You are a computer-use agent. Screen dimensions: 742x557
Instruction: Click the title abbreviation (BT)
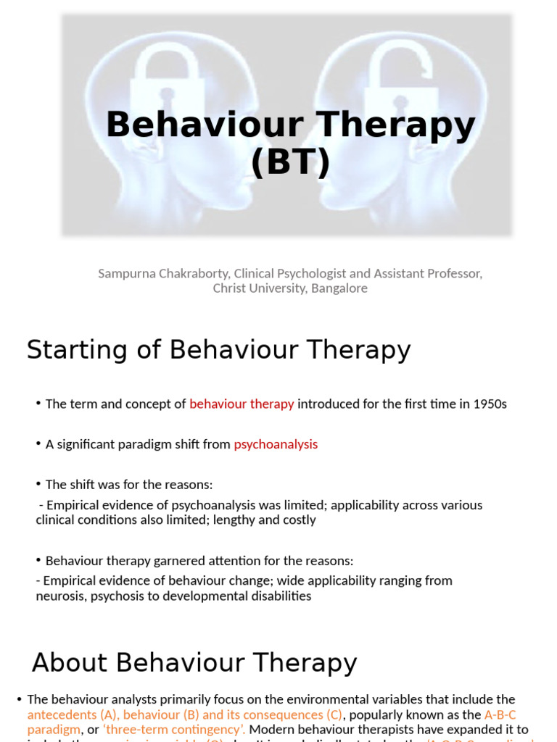tap(290, 162)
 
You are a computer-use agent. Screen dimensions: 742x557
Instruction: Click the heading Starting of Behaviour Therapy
tap(218, 350)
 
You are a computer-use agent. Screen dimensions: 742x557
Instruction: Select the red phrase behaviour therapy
tap(242, 404)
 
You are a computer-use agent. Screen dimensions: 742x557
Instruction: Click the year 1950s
tap(487, 404)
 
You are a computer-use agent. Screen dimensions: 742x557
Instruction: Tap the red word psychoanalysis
tap(276, 444)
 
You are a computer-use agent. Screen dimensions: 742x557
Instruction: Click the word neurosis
tap(59, 596)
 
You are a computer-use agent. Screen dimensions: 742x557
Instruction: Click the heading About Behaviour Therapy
tap(194, 663)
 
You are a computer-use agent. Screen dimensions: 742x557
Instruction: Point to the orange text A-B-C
tap(500, 714)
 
